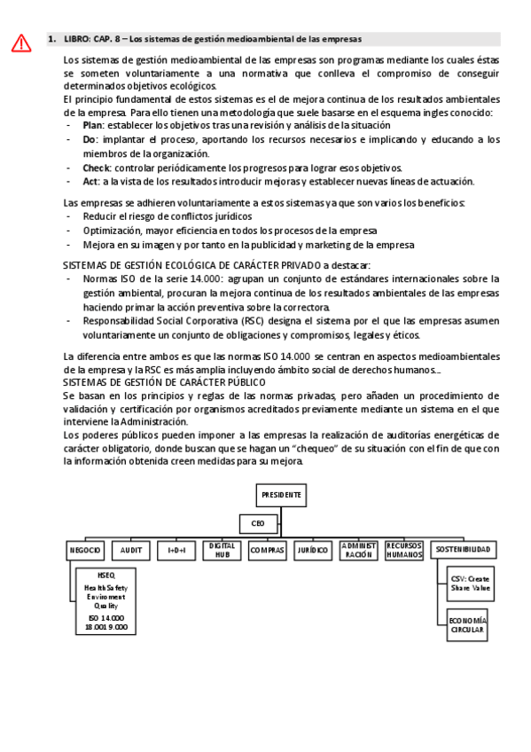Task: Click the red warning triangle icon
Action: [x=22, y=42]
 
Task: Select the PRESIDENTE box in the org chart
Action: [x=281, y=495]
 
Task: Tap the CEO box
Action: [x=257, y=523]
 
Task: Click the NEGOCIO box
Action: [x=85, y=551]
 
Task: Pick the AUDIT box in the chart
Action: [x=130, y=551]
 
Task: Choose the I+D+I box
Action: [x=176, y=551]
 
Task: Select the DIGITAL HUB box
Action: [x=222, y=551]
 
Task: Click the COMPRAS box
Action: [x=268, y=551]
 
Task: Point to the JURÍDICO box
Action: [x=313, y=551]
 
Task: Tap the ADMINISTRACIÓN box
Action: [x=359, y=551]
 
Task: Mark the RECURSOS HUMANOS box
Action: [x=404, y=551]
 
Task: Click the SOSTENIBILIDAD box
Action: [x=463, y=551]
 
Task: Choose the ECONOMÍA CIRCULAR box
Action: [x=467, y=624]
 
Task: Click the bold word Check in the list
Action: [x=97, y=168]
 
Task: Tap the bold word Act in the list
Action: [x=90, y=181]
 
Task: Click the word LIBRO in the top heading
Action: [x=78, y=39]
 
